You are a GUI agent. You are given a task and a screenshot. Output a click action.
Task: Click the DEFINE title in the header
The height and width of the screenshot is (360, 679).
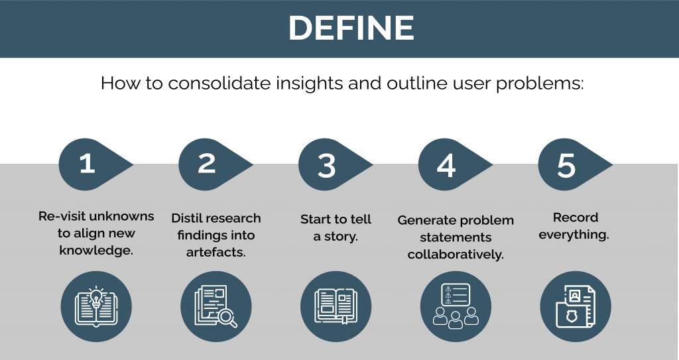351,28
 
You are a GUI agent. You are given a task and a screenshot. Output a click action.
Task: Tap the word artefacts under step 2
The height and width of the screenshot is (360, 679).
216,252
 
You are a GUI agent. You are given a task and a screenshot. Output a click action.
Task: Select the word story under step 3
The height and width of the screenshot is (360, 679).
341,237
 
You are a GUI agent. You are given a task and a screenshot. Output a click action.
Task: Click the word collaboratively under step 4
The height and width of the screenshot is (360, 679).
456,255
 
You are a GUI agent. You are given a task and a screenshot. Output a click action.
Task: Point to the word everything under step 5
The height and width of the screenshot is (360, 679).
574,235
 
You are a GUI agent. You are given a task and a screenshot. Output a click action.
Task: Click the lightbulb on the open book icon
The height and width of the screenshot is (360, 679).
95,298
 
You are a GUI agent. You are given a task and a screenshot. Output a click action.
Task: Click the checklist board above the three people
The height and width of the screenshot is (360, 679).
456,294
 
